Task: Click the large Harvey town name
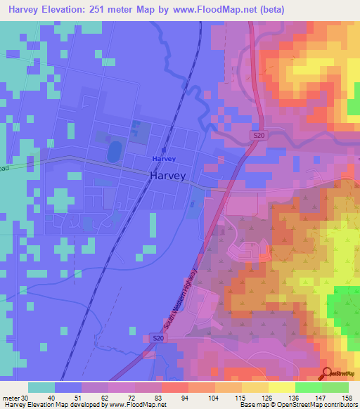168,176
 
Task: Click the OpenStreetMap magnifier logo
328,374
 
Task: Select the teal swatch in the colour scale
41,387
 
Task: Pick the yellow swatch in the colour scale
281,387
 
